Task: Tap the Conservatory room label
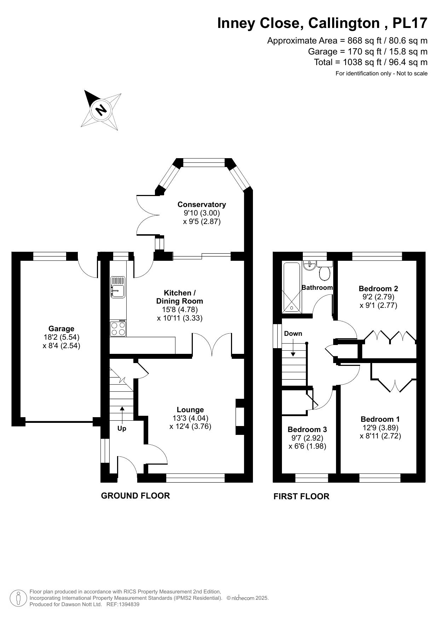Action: click(x=202, y=205)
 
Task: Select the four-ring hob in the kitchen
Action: click(x=118, y=328)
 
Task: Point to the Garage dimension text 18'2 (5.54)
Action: click(x=61, y=337)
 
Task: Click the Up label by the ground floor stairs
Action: click(x=122, y=429)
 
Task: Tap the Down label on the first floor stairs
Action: click(x=293, y=334)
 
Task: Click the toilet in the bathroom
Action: click(x=324, y=272)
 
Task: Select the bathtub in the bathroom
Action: click(x=292, y=287)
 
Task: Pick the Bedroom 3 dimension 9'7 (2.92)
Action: click(x=307, y=438)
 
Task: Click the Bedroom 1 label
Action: click(x=380, y=419)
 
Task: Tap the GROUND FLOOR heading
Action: click(x=135, y=496)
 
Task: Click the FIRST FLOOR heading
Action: click(x=301, y=496)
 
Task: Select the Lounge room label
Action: click(x=190, y=410)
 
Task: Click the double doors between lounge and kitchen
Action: click(x=212, y=344)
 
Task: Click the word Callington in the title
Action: click(x=344, y=23)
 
